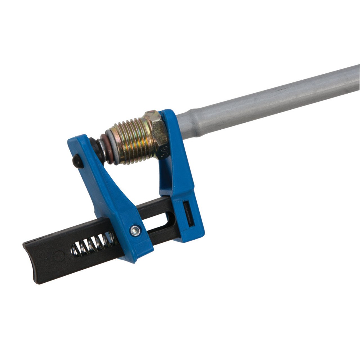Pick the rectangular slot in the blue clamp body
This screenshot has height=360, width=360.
[188, 214]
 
